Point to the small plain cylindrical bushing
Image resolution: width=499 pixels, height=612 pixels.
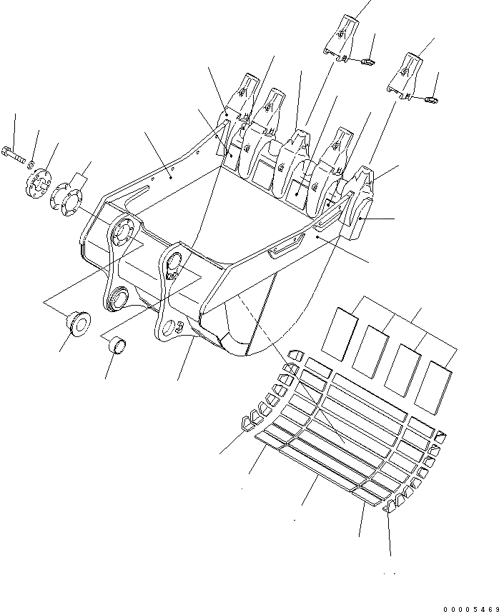point(117,346)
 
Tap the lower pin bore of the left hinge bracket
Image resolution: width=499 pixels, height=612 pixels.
point(118,297)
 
